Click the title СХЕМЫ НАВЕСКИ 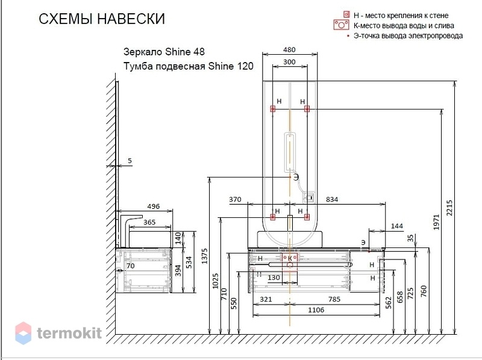tap(102, 19)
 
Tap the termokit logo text tap(69, 333)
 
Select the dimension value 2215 tap(449, 208)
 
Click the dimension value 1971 tap(436, 222)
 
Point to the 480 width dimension tap(289, 50)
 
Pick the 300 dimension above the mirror tap(289, 62)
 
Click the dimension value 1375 tap(204, 256)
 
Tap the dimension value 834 tap(332, 199)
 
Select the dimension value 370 tap(235, 199)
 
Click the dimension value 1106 tap(316, 310)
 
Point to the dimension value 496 tap(154, 206)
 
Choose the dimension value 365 tap(149, 222)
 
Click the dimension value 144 tap(397, 226)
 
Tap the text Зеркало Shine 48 tap(164, 52)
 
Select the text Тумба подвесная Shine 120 tap(189, 66)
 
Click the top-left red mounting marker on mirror tap(273, 108)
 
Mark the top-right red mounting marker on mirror tap(307, 108)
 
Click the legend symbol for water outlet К tap(341, 25)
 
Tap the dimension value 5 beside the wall tap(130, 161)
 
